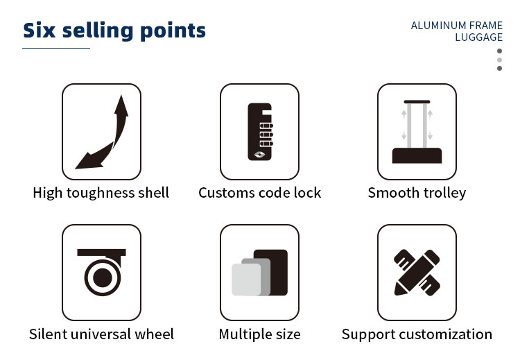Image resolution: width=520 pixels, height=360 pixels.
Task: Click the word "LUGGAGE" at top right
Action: [x=478, y=37]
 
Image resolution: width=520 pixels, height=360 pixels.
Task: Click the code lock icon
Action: [x=259, y=132]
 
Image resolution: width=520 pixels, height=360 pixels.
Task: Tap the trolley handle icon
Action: [x=417, y=132]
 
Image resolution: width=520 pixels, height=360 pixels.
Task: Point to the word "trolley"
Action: [x=442, y=193]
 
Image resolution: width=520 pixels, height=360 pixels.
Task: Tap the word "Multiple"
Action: [x=243, y=334]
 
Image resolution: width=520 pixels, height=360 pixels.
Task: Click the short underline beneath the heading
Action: [x=56, y=48]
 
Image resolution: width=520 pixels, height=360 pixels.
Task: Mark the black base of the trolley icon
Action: [x=417, y=155]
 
